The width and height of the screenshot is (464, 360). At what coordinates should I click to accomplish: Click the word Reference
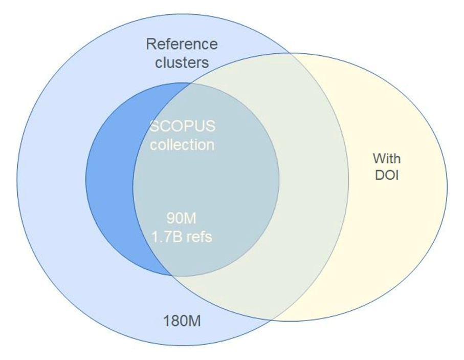pos(182,44)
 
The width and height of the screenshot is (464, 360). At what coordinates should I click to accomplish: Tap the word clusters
pos(182,62)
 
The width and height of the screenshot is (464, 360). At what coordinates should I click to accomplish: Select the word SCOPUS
pos(182,126)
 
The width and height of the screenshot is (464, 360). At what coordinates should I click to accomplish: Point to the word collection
pos(182,145)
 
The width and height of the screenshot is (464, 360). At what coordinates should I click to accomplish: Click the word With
pos(386,157)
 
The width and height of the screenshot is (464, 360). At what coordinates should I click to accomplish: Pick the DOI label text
pos(386,175)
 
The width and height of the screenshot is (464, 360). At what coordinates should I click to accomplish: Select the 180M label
pos(182,322)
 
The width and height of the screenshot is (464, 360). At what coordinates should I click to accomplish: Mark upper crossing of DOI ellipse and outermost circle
pos(291,53)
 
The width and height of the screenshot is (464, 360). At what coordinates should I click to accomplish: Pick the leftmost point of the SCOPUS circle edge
pos(85,179)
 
